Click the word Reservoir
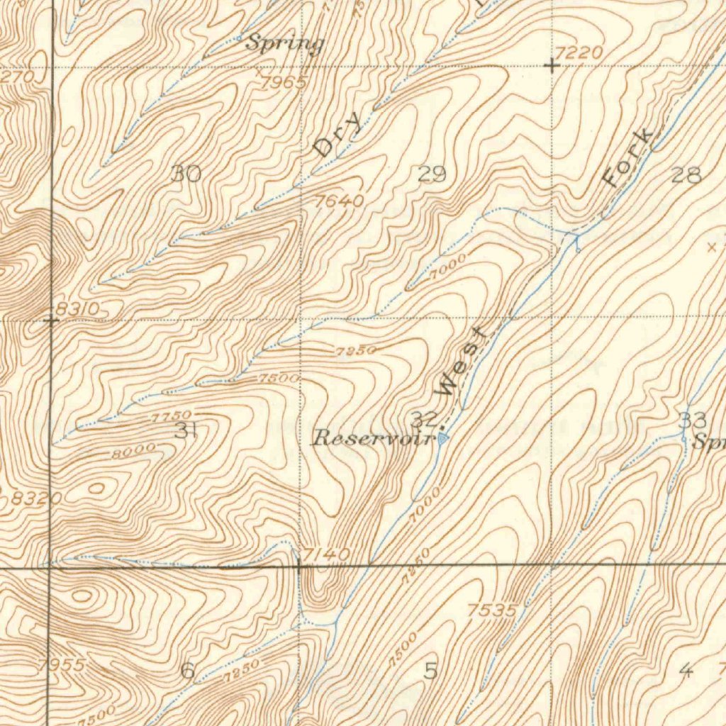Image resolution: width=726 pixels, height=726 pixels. [373, 438]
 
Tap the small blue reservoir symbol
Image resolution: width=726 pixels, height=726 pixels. [443, 439]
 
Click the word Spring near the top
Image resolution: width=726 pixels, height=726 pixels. [284, 44]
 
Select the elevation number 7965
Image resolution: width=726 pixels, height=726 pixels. [283, 82]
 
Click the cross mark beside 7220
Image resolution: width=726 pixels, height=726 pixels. [552, 66]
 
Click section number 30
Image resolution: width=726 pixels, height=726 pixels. [186, 173]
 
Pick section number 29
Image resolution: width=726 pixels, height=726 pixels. [432, 173]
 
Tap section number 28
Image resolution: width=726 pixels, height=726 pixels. [686, 174]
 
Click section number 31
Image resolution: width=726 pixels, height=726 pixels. [185, 430]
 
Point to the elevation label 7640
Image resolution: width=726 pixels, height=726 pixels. [340, 201]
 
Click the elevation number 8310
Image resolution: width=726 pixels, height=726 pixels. [78, 308]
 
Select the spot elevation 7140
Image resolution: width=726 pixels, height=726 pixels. [325, 553]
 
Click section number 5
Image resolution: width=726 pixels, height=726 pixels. [430, 670]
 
